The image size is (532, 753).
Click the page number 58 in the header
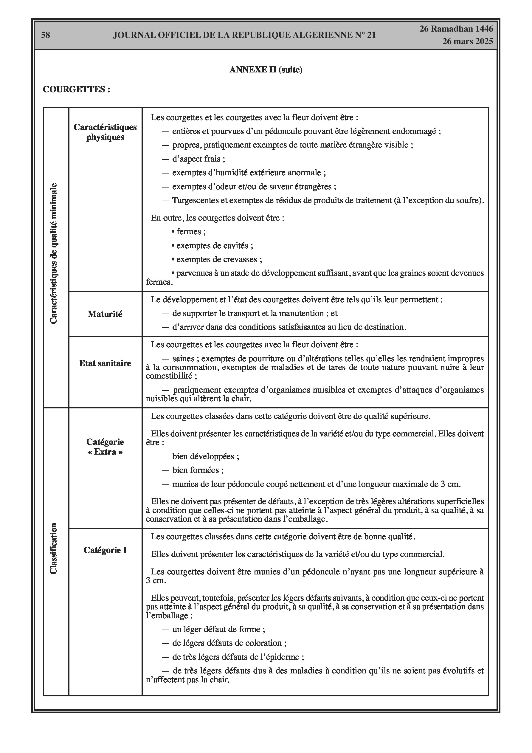tap(46, 35)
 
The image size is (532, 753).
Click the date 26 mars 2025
tap(467, 41)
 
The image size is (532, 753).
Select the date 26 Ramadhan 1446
tap(456, 29)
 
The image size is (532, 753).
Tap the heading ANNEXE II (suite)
tap(266, 69)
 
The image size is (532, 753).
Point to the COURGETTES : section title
tap(76, 89)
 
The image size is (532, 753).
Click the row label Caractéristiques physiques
tap(105, 132)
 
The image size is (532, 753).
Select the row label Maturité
tap(105, 314)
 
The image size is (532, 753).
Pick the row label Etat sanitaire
tap(105, 363)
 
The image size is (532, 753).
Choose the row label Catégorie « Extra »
tap(105, 447)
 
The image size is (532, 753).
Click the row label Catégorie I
tap(105, 550)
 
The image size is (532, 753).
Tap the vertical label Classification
tap(53, 548)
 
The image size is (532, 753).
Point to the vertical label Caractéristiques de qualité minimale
tap(53, 253)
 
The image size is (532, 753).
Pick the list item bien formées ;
tap(198, 470)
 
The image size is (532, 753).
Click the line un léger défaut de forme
tap(218, 629)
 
